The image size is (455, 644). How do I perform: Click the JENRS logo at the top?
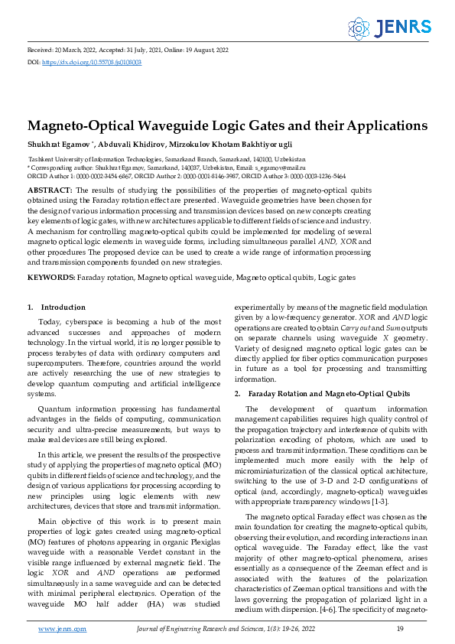(389, 28)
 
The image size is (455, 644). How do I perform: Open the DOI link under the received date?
(92, 61)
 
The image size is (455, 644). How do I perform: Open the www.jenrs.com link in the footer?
(62, 628)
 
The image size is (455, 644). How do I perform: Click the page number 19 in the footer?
(400, 628)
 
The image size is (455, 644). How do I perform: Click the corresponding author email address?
(280, 166)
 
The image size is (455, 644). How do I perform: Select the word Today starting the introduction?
(50, 323)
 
